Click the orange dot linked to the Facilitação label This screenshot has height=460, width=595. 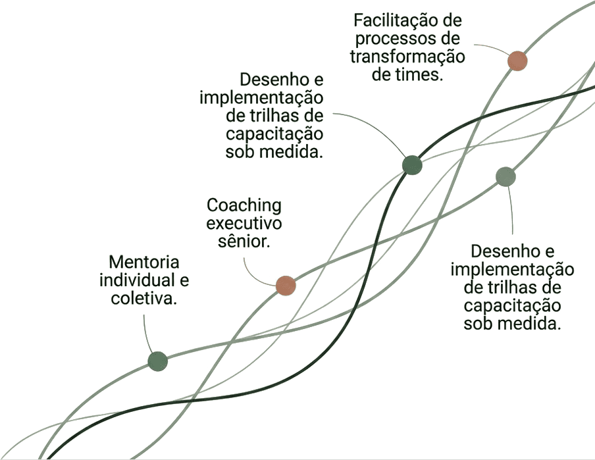tap(517, 61)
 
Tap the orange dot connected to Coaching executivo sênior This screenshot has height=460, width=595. tap(286, 286)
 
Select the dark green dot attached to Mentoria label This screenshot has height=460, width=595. tap(157, 361)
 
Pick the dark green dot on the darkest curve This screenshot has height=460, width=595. tap(412, 165)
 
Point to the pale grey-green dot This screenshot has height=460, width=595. tap(506, 176)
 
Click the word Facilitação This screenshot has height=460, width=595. tap(402, 20)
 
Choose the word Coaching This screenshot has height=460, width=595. tap(244, 206)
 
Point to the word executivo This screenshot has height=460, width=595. tap(244, 223)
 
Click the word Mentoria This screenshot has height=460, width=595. tap(144, 263)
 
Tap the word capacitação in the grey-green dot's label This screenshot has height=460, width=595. tap(512, 306)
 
